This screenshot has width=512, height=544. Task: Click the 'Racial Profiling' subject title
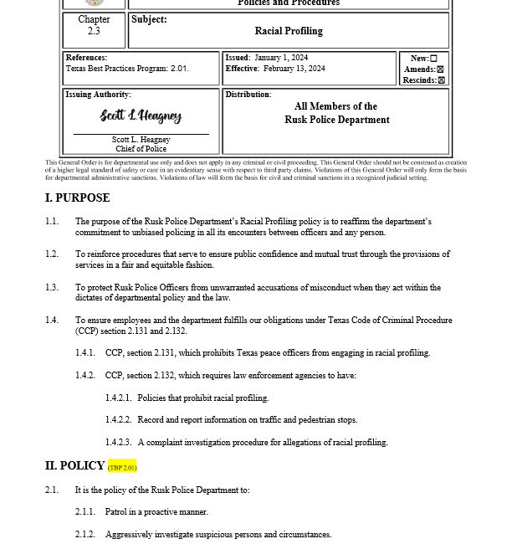[288, 31]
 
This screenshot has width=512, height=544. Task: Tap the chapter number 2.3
[94, 31]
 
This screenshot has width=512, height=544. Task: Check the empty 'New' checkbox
[433, 59]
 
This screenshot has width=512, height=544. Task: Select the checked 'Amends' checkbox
[440, 69]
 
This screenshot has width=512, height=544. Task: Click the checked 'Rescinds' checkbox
[441, 80]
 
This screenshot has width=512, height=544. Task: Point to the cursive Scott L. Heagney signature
[141, 115]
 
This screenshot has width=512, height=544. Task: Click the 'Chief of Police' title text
[141, 149]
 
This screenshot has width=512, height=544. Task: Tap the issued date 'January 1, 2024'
[281, 58]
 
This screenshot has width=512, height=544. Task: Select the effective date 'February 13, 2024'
[294, 69]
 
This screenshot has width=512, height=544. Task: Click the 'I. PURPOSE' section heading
[77, 198]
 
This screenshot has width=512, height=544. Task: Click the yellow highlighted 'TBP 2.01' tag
[122, 467]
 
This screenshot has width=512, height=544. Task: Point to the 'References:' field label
[86, 58]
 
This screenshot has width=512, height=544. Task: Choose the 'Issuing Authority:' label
[98, 95]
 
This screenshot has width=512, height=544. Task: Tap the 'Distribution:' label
[248, 95]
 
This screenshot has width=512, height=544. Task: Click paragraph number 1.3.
[52, 287]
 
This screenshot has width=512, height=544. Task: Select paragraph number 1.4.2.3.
[118, 442]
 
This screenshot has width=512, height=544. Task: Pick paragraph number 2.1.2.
[84, 534]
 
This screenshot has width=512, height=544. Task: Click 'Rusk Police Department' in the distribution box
[336, 120]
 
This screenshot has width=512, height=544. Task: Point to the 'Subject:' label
[149, 19]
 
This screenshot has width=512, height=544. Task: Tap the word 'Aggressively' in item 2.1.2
[131, 534]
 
